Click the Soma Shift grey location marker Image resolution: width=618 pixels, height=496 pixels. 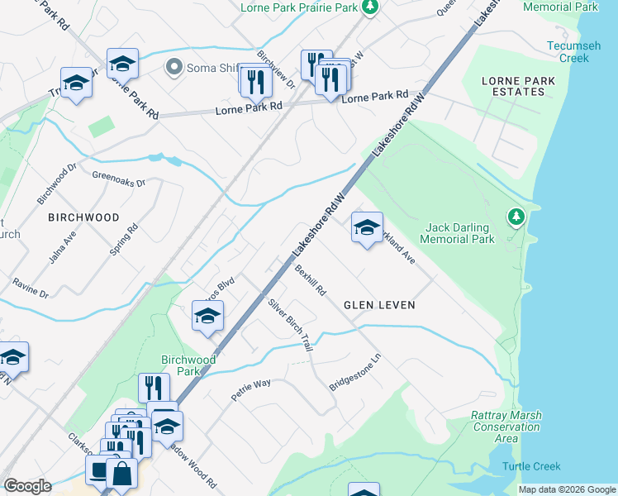174,66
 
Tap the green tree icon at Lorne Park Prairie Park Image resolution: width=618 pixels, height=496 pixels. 371,7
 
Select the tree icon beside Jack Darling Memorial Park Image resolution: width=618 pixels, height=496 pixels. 516,217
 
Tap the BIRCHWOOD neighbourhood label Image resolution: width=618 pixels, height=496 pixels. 83,217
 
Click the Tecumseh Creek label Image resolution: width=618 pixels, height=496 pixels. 569,52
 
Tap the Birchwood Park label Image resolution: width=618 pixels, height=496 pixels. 188,365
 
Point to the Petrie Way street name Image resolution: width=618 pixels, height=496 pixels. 251,389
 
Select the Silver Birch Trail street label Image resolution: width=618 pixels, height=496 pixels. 290,325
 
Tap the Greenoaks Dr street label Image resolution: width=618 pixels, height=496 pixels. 118,179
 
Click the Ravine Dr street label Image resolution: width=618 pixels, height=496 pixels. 30,289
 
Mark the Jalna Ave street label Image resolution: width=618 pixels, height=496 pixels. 62,246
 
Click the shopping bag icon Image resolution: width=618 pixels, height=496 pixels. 121,474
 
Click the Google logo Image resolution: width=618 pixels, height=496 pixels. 27,486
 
